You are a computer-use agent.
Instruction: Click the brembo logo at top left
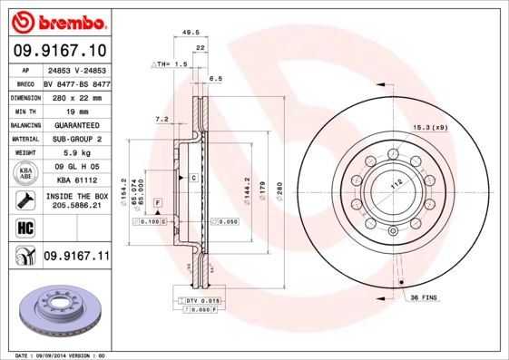click(x=56, y=21)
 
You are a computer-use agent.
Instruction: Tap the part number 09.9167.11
click(x=76, y=258)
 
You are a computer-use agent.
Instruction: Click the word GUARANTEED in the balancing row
click(x=76, y=124)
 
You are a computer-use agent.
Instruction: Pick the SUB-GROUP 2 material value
click(x=76, y=139)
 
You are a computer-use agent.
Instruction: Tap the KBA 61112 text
click(x=76, y=180)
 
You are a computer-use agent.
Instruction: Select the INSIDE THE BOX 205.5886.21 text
click(x=76, y=200)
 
